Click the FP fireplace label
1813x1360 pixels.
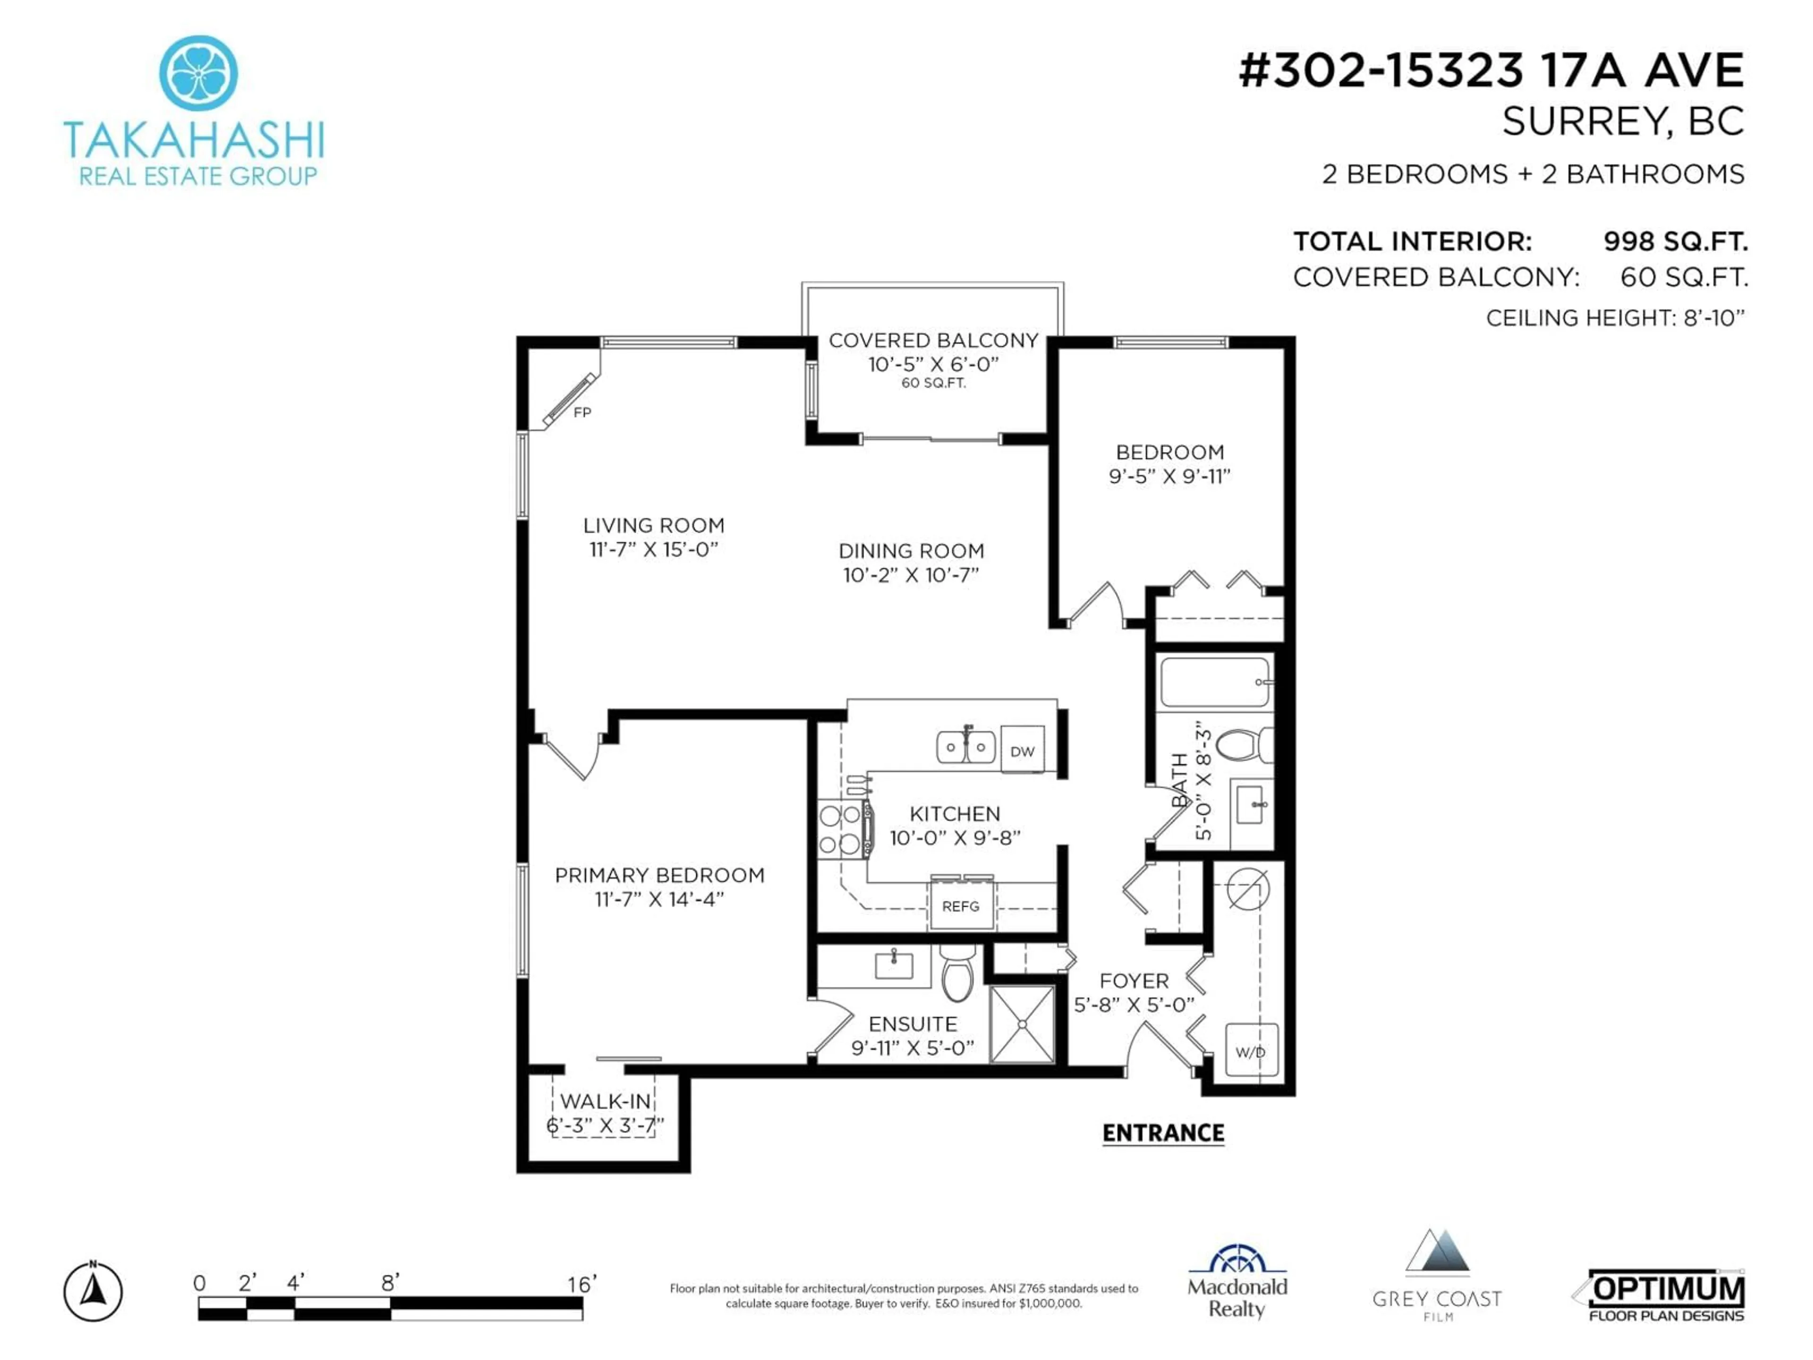pos(582,412)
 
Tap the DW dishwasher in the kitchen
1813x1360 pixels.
pos(1022,749)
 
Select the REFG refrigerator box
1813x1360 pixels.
pos(961,905)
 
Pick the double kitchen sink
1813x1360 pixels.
pos(966,746)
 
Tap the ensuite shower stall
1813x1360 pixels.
pos(1022,1024)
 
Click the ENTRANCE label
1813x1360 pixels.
pos(1163,1133)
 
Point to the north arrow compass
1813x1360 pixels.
pos(93,1293)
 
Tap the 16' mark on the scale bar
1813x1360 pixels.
pos(582,1284)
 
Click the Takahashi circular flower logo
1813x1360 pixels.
pos(198,73)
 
